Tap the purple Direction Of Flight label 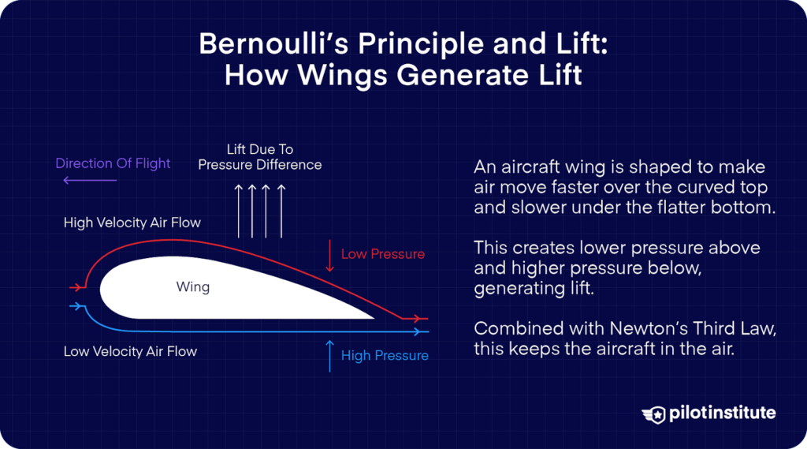113,163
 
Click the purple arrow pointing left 90,181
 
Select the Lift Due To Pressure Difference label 259,157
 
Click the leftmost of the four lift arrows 239,209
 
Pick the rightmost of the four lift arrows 281,209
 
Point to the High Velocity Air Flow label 132,223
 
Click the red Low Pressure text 382,254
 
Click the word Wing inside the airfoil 193,286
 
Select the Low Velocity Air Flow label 130,351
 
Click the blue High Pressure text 385,355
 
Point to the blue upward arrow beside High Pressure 329,355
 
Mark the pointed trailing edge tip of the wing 372,317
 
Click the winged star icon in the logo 654,413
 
